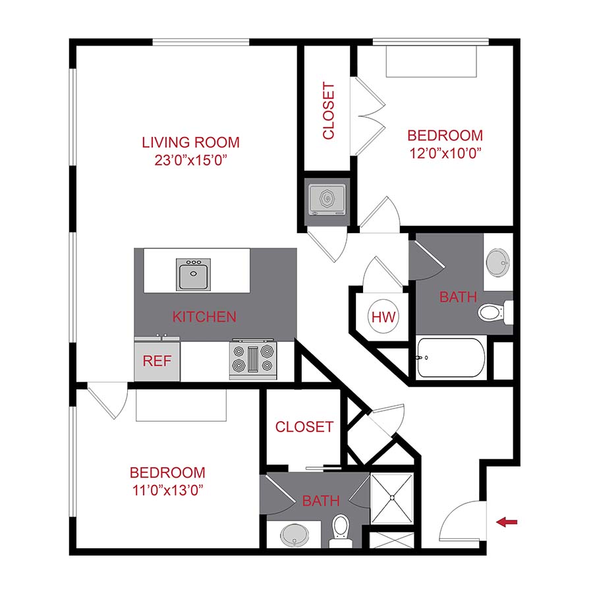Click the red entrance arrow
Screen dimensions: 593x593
[x=507, y=522]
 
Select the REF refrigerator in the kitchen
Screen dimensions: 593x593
[x=157, y=360]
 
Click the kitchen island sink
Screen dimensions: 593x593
[x=194, y=274]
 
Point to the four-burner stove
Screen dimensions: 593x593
[x=254, y=360]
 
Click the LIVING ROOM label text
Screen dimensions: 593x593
[x=190, y=142]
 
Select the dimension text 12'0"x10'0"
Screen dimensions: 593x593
[x=445, y=153]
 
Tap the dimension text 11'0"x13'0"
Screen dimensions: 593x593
[x=167, y=490]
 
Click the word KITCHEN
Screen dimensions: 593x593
[x=204, y=317]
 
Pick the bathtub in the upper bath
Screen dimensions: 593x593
[x=451, y=358]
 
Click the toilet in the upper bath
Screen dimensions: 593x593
[x=494, y=312]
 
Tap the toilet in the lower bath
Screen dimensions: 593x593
[x=340, y=528]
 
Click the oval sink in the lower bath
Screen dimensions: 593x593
[x=295, y=535]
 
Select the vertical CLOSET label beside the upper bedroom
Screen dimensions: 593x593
[x=329, y=111]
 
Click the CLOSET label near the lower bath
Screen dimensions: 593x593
[x=304, y=427]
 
